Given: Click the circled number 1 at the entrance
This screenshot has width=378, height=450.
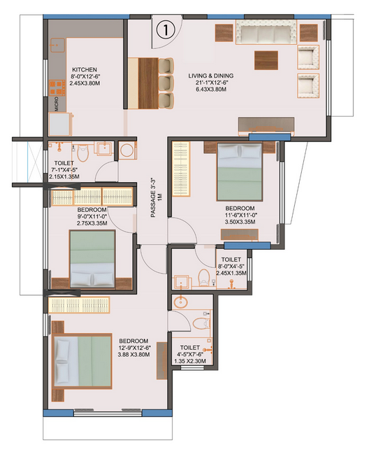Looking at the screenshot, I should tap(165, 29).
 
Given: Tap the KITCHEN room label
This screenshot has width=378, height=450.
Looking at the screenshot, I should tap(87, 70).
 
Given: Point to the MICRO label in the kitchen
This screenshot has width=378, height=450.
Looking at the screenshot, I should tap(57, 104).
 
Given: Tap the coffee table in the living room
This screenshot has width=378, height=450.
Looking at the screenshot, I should tap(265, 59).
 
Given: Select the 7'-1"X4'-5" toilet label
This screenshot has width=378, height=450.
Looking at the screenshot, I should tap(64, 170).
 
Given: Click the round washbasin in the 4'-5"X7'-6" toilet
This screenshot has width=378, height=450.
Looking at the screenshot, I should tap(181, 304).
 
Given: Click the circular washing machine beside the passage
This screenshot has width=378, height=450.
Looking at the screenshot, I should tap(127, 150).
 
